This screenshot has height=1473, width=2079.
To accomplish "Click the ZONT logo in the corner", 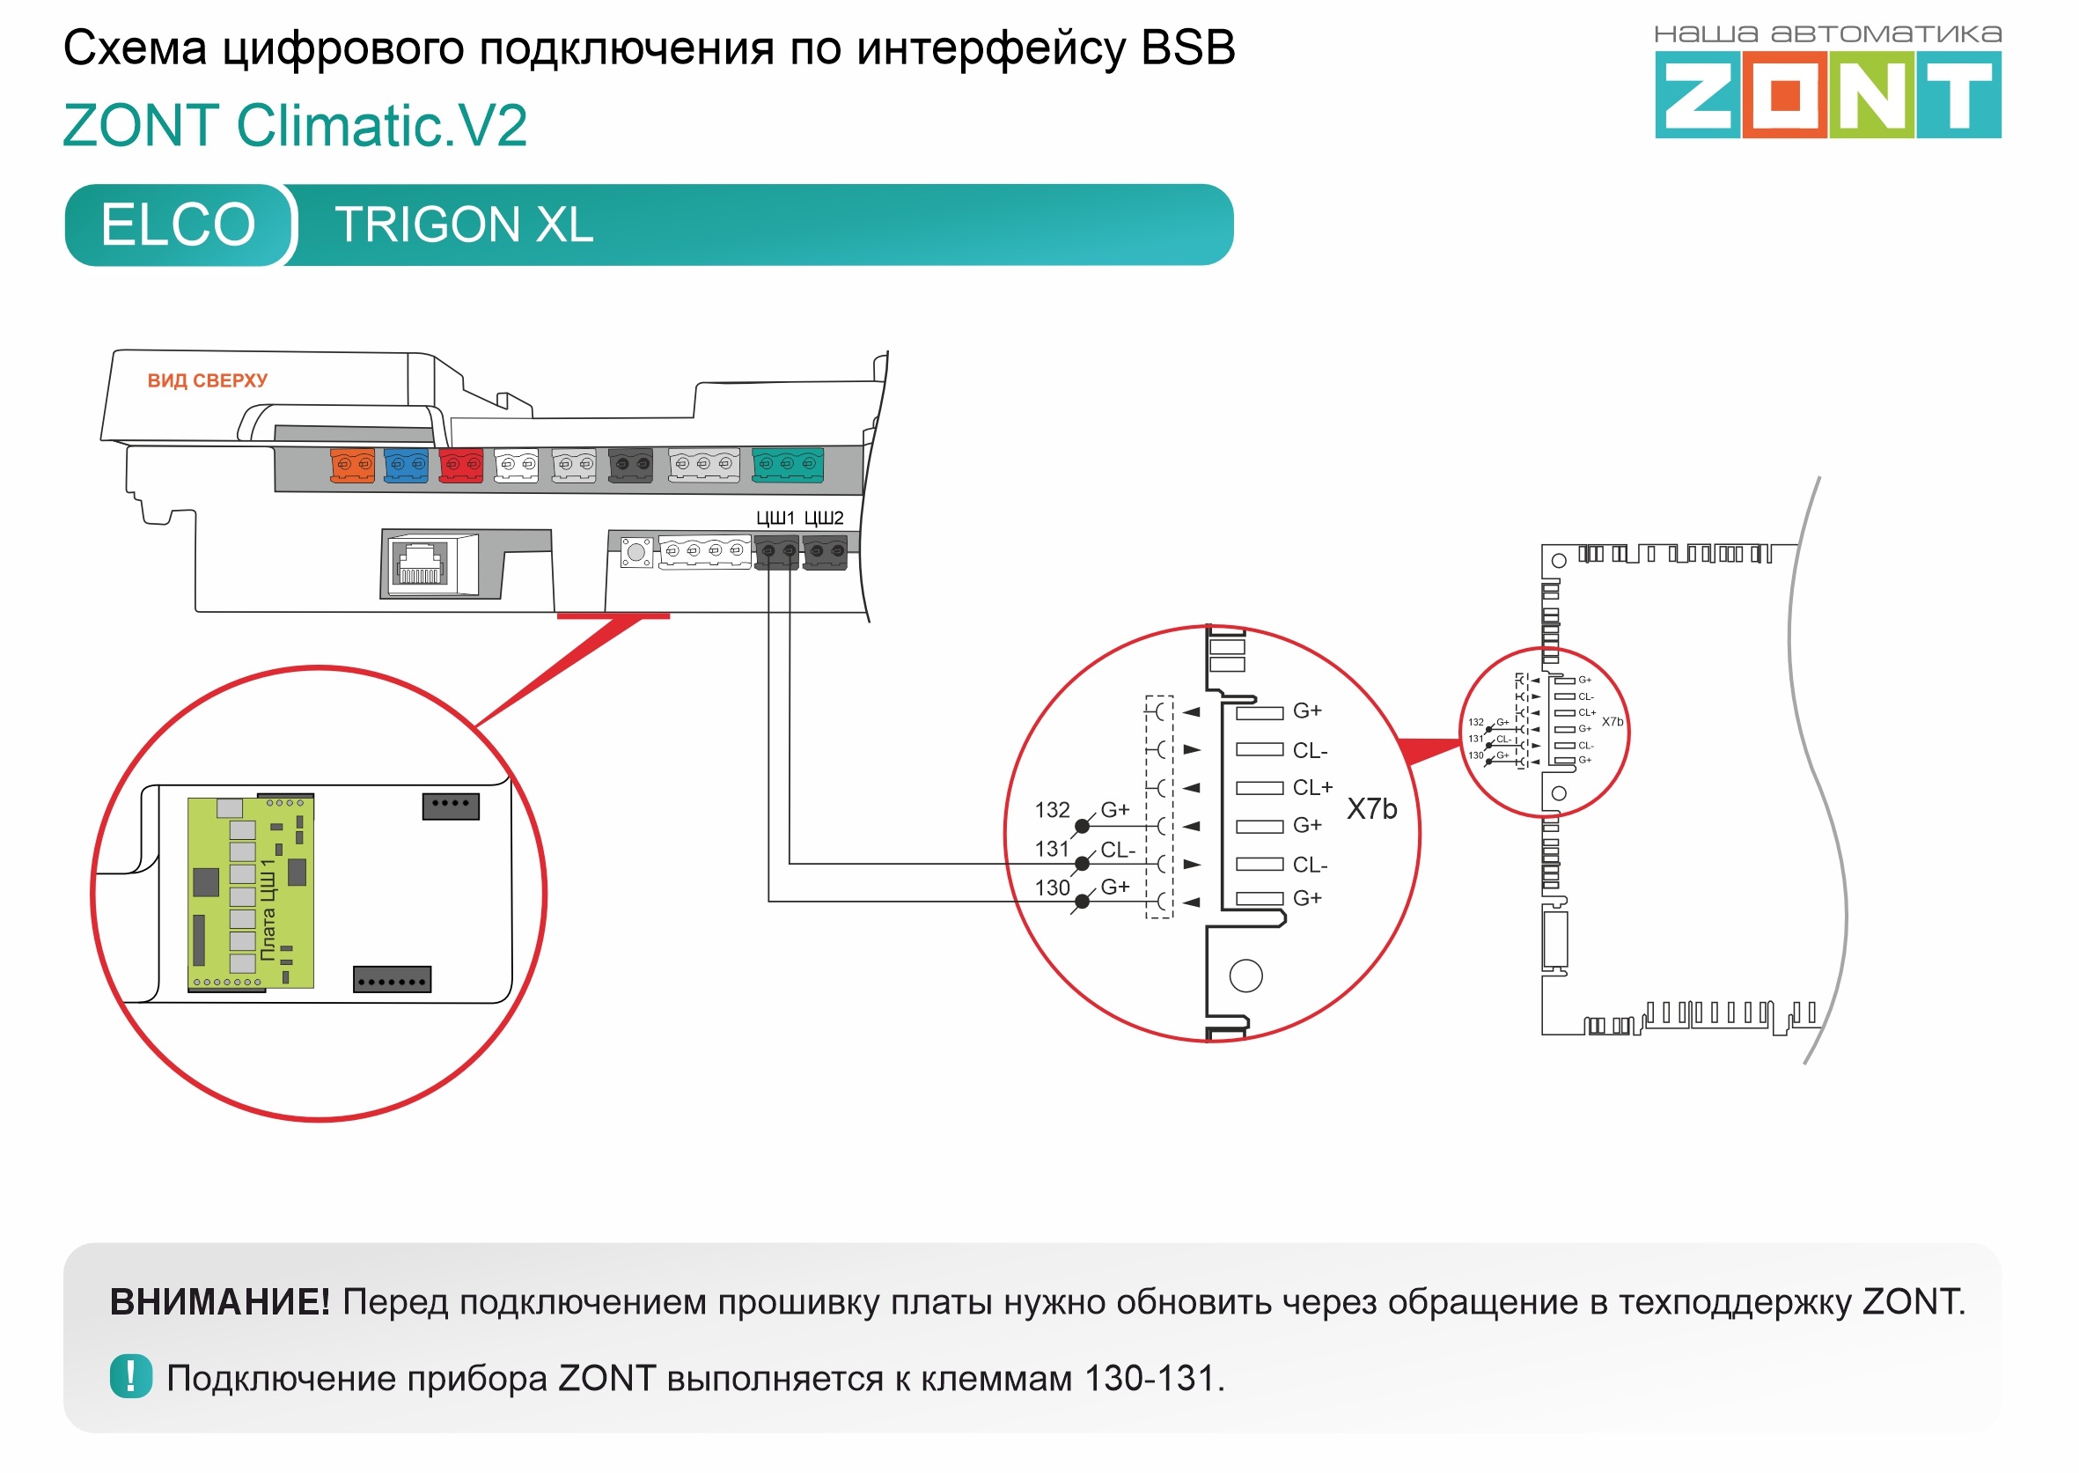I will (x=1827, y=93).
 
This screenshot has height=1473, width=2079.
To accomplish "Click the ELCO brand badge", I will (x=178, y=225).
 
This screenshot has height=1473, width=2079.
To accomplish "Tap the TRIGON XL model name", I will (x=463, y=225).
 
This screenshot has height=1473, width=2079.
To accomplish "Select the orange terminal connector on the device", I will (x=352, y=464).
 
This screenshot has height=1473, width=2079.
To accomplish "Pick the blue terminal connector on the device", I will (x=405, y=464).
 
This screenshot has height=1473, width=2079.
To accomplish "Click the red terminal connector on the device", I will (x=460, y=464).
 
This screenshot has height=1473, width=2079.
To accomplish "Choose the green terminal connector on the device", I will (x=787, y=464).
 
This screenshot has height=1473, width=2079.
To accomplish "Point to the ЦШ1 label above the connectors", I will (x=775, y=518).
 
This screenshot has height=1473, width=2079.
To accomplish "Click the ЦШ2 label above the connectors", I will (x=823, y=518).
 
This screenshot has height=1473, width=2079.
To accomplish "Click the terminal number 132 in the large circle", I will (x=1052, y=810).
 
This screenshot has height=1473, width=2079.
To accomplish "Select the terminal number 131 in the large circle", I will (x=1052, y=849).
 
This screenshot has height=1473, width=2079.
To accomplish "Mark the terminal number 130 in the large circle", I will (x=1052, y=888).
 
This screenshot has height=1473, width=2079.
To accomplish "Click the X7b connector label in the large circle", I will (x=1370, y=809).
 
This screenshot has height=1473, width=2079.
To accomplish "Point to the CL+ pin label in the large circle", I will (x=1312, y=787).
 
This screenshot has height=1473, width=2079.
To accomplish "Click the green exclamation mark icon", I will (x=130, y=1377).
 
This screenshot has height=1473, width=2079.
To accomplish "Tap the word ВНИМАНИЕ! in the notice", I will (x=219, y=1302).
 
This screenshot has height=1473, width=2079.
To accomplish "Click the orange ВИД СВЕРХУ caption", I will (x=208, y=381).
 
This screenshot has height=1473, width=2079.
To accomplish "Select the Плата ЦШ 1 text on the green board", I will (x=268, y=910).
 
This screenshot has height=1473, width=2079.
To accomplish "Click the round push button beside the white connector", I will (x=636, y=551).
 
